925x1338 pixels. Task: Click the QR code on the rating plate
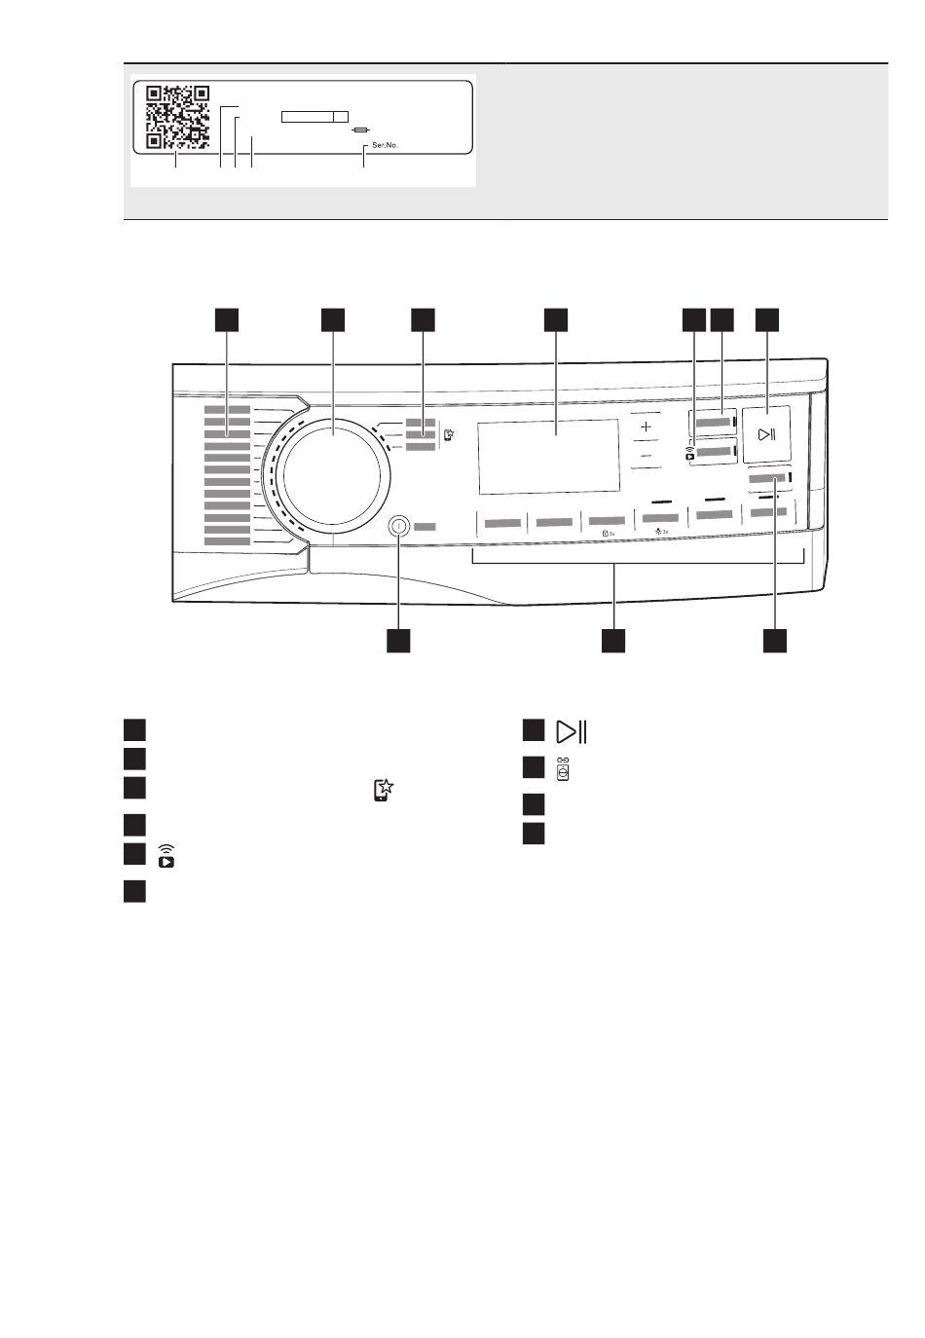click(177, 118)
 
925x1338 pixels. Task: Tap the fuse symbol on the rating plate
click(361, 129)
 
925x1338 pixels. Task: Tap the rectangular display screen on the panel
click(548, 456)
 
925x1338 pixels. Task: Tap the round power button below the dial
click(398, 526)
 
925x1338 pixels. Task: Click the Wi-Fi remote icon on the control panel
click(689, 450)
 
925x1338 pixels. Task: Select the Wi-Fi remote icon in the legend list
click(167, 856)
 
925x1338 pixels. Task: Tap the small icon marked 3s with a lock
click(608, 534)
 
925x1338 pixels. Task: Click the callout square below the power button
click(397, 640)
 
